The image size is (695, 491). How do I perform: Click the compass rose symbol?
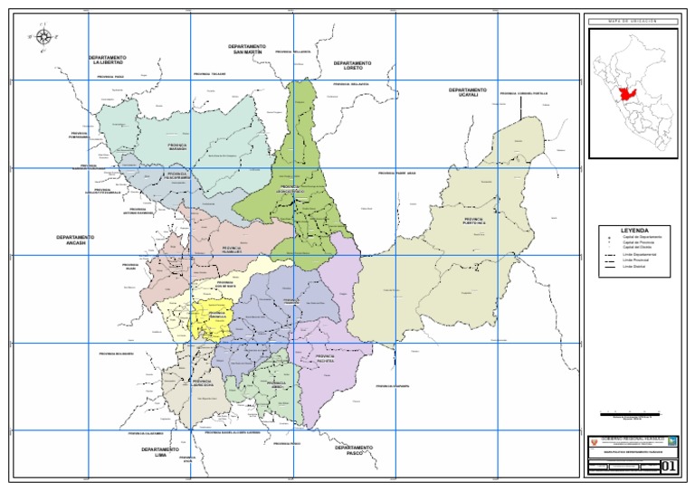pos(42,37)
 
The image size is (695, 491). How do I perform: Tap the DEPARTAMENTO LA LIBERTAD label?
pos(108,60)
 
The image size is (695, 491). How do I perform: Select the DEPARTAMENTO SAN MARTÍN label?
pos(247,49)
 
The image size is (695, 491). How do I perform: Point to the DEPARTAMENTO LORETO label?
pos(352,66)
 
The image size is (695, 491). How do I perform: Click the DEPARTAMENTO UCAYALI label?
pos(468,92)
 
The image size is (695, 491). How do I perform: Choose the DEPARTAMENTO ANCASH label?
pos(75,240)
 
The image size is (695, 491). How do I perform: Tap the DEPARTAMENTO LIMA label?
pos(160,451)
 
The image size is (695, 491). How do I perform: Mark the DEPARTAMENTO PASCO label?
pos(354,449)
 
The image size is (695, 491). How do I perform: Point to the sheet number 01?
pos(669,467)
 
